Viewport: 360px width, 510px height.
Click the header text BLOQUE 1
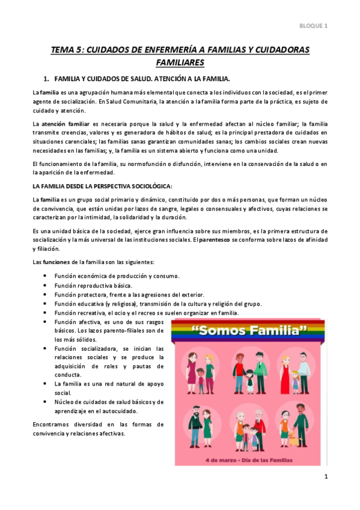(x=314, y=26)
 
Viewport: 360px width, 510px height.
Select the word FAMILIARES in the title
(x=180, y=63)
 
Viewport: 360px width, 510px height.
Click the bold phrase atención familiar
(x=67, y=123)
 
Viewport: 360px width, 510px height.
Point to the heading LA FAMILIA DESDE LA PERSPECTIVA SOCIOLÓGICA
(x=102, y=186)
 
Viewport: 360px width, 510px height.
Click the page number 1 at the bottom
(x=325, y=478)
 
